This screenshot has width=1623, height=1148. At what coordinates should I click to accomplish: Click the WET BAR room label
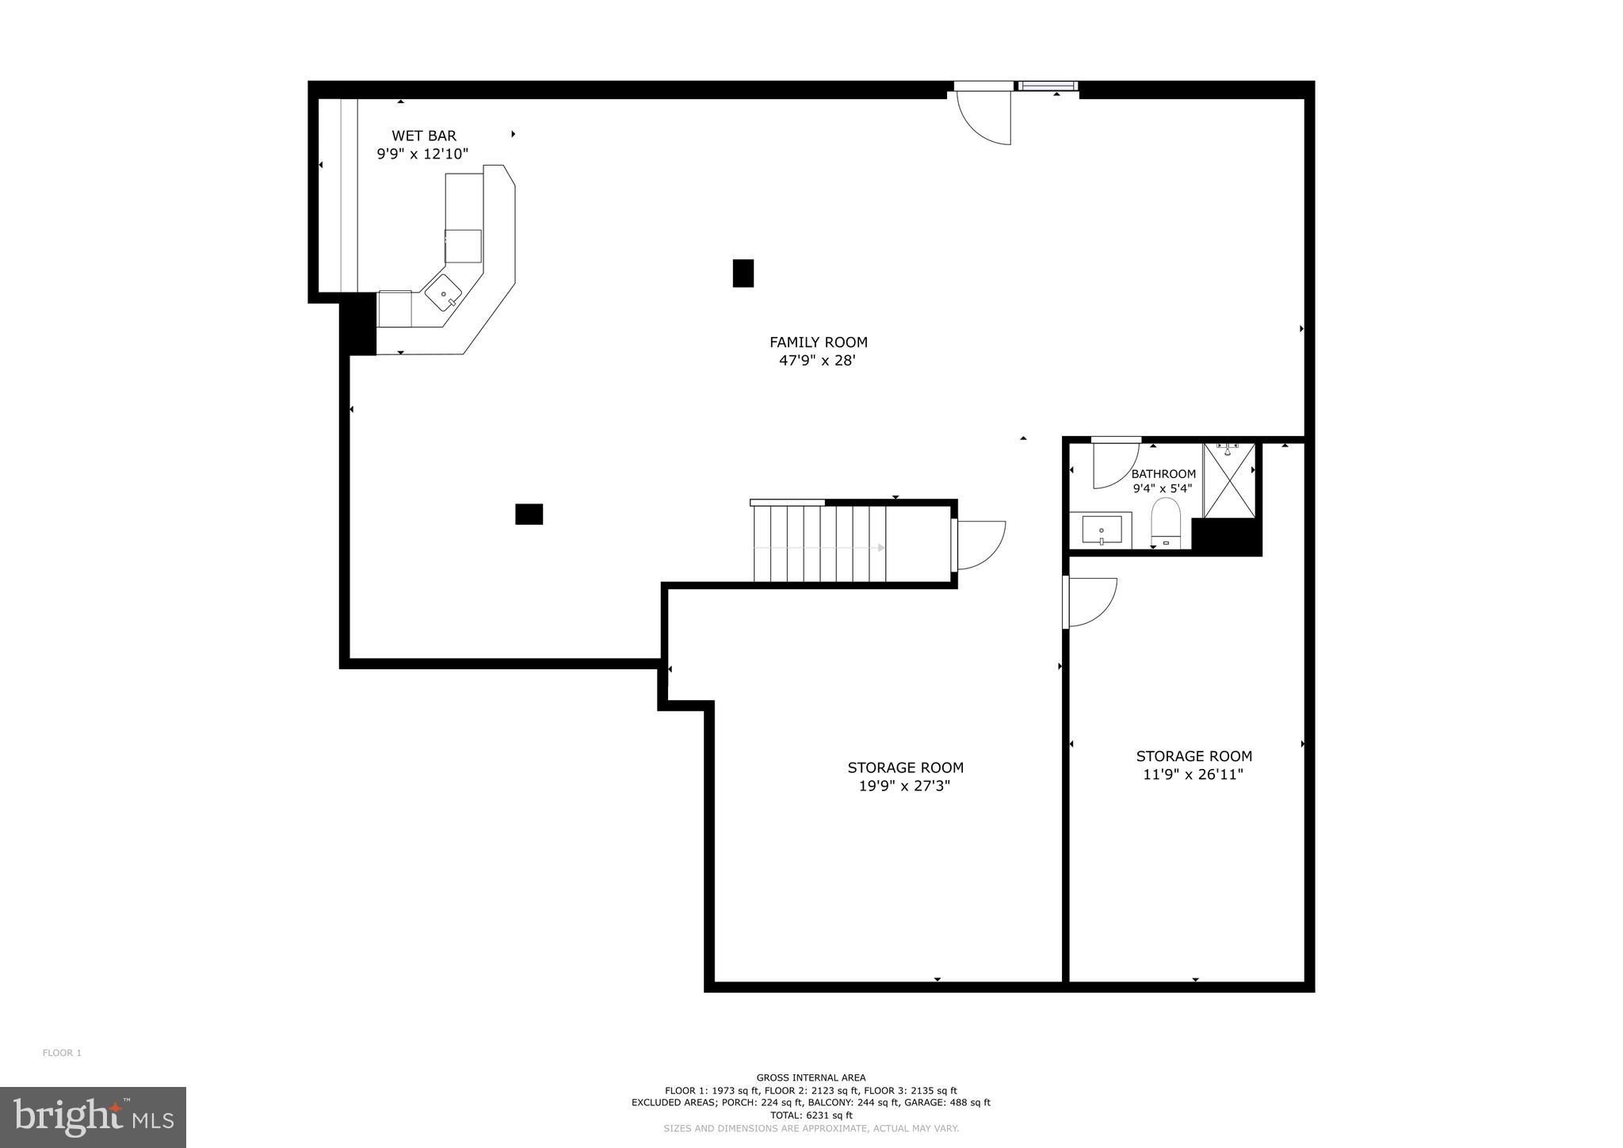click(x=424, y=136)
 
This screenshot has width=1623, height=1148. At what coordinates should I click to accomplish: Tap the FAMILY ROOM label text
click(x=818, y=342)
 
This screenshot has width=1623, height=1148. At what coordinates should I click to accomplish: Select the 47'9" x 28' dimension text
click(x=818, y=361)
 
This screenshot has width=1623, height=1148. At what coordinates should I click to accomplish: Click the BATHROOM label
click(x=1163, y=474)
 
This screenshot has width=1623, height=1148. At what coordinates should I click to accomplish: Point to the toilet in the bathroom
click(x=1166, y=523)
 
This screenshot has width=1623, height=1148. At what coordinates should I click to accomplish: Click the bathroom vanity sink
click(x=1102, y=530)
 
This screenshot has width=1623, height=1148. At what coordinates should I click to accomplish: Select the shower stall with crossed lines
click(x=1229, y=481)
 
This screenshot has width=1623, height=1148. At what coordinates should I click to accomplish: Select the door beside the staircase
click(x=980, y=545)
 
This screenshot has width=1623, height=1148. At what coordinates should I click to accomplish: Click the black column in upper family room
click(x=743, y=273)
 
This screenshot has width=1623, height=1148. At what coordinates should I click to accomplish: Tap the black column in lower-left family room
click(x=529, y=515)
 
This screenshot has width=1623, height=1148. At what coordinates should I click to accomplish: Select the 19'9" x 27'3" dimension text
click(x=904, y=786)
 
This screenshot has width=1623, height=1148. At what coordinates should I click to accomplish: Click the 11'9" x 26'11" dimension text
click(x=1193, y=775)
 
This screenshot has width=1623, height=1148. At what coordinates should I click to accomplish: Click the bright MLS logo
click(x=94, y=1117)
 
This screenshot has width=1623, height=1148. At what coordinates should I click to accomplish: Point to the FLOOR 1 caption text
click(x=62, y=1053)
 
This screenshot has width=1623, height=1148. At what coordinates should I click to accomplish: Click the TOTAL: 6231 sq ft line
click(x=811, y=1115)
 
